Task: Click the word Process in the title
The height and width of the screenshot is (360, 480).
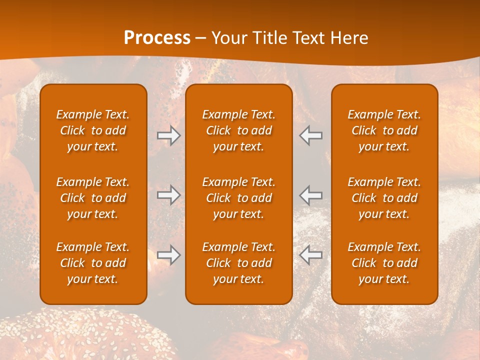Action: [157, 38]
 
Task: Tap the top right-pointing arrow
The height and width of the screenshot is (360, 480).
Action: [168, 135]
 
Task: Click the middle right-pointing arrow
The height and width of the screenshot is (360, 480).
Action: [168, 195]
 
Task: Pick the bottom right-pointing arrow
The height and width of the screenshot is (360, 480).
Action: [168, 255]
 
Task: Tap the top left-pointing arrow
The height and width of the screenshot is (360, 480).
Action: [311, 135]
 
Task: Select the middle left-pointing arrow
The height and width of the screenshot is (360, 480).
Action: [311, 195]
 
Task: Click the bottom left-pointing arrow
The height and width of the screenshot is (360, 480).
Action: [311, 255]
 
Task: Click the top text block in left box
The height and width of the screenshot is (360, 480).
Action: [93, 130]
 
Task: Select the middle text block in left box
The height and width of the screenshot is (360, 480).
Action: [93, 198]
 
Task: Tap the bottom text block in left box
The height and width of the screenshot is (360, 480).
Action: [93, 263]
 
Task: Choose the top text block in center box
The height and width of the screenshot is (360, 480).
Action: [239, 130]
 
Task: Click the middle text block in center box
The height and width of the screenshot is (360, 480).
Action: [239, 198]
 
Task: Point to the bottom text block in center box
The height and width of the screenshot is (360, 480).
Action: [239, 263]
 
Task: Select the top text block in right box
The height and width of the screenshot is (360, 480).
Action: [384, 130]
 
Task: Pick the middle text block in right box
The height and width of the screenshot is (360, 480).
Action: [384, 198]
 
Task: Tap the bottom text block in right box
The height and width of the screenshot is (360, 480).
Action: [384, 263]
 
